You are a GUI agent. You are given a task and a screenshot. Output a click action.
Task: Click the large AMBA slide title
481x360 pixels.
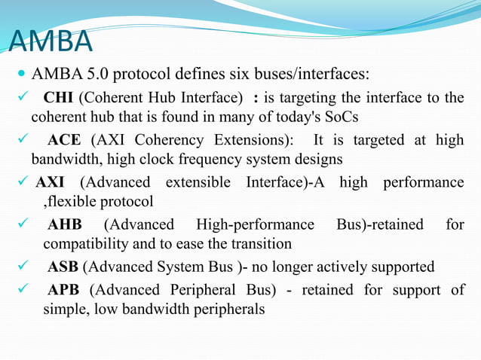(x=51, y=43)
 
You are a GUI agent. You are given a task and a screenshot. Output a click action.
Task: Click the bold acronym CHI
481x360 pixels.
(x=59, y=98)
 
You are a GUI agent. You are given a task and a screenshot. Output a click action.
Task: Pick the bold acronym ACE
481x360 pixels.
(x=64, y=140)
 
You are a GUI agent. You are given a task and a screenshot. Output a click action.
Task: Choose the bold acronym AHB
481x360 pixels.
(x=64, y=224)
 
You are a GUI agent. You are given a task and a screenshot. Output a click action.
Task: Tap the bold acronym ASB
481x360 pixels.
(x=63, y=267)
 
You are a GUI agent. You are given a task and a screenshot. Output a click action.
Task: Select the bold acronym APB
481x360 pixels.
(x=64, y=289)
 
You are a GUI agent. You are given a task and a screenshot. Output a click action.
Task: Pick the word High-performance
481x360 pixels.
(x=255, y=224)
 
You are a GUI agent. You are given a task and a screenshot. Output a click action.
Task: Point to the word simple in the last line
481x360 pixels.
(x=63, y=309)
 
